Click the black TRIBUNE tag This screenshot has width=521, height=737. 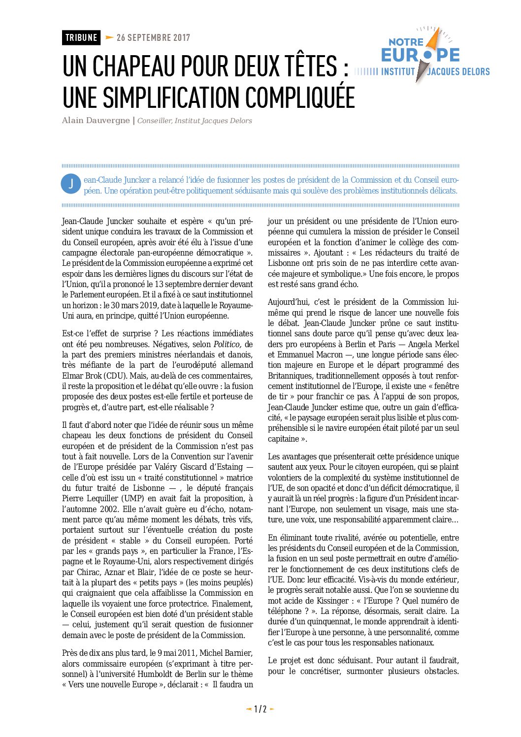tap(81, 37)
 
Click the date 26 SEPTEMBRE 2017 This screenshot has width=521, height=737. tap(153, 37)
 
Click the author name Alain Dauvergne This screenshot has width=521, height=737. tap(96, 121)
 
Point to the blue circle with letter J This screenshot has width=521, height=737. tap(71, 184)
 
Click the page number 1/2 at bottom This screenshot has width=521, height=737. tap(260, 709)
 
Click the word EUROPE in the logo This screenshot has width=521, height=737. tap(420, 55)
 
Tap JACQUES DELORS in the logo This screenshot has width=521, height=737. tap(458, 72)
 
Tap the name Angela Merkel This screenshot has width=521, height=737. tap(435, 344)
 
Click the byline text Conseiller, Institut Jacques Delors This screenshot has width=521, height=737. tap(195, 121)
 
